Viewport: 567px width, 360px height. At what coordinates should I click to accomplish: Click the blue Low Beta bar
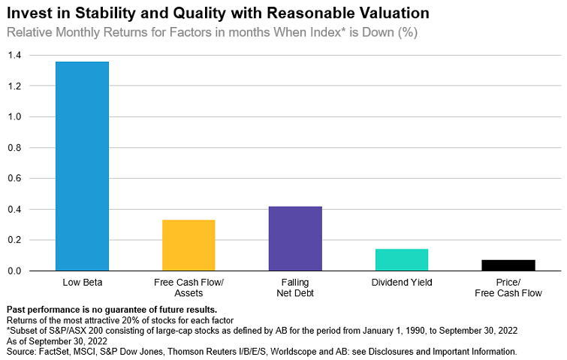pyautogui.click(x=83, y=165)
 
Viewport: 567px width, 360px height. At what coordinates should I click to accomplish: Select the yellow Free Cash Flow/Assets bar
pyautogui.click(x=188, y=245)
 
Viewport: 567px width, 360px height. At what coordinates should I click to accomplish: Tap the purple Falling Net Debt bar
pyautogui.click(x=295, y=238)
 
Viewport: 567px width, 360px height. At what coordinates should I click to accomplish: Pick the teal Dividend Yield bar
pyautogui.click(x=402, y=259)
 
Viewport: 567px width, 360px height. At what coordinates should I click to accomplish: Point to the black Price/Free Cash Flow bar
pyautogui.click(x=508, y=265)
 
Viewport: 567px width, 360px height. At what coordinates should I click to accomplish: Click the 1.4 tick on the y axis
pyautogui.click(x=15, y=56)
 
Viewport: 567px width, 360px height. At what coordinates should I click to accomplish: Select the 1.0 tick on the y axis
pyautogui.click(x=15, y=117)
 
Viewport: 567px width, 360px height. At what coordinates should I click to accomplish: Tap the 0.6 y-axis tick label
pyautogui.click(x=15, y=179)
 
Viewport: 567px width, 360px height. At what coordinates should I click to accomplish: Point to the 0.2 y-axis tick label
pyautogui.click(x=15, y=240)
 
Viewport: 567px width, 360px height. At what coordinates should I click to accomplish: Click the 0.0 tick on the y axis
pyautogui.click(x=15, y=271)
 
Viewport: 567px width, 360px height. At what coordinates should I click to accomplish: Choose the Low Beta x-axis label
pyautogui.click(x=83, y=283)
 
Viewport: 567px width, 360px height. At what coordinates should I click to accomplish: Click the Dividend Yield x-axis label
pyautogui.click(x=402, y=283)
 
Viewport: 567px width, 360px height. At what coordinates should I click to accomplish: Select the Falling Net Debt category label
pyautogui.click(x=295, y=289)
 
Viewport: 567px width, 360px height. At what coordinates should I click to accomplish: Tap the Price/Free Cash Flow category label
pyautogui.click(x=508, y=289)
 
